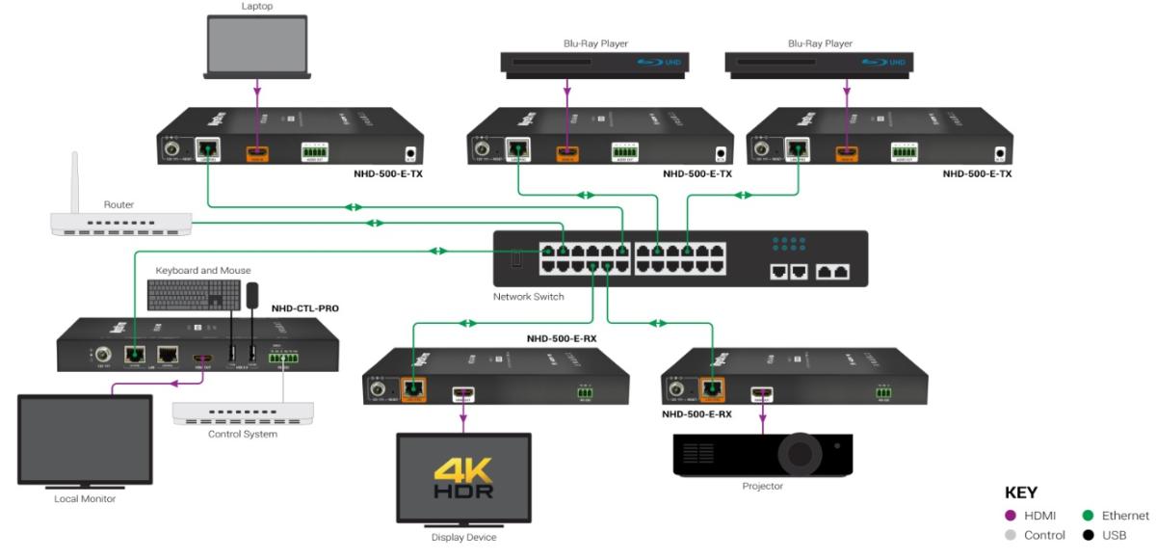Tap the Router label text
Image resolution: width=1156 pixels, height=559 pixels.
[x=118, y=204]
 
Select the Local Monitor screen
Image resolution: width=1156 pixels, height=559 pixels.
[x=85, y=439]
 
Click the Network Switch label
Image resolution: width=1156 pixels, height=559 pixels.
[x=528, y=297]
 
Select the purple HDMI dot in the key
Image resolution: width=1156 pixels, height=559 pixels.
[x=1011, y=517]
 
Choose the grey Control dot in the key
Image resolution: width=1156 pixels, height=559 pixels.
[x=1011, y=535]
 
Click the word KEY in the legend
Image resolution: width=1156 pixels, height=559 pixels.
[x=1021, y=492]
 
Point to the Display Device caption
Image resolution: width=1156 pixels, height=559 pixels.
[x=463, y=538]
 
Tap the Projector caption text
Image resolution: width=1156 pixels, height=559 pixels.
[x=762, y=487]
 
